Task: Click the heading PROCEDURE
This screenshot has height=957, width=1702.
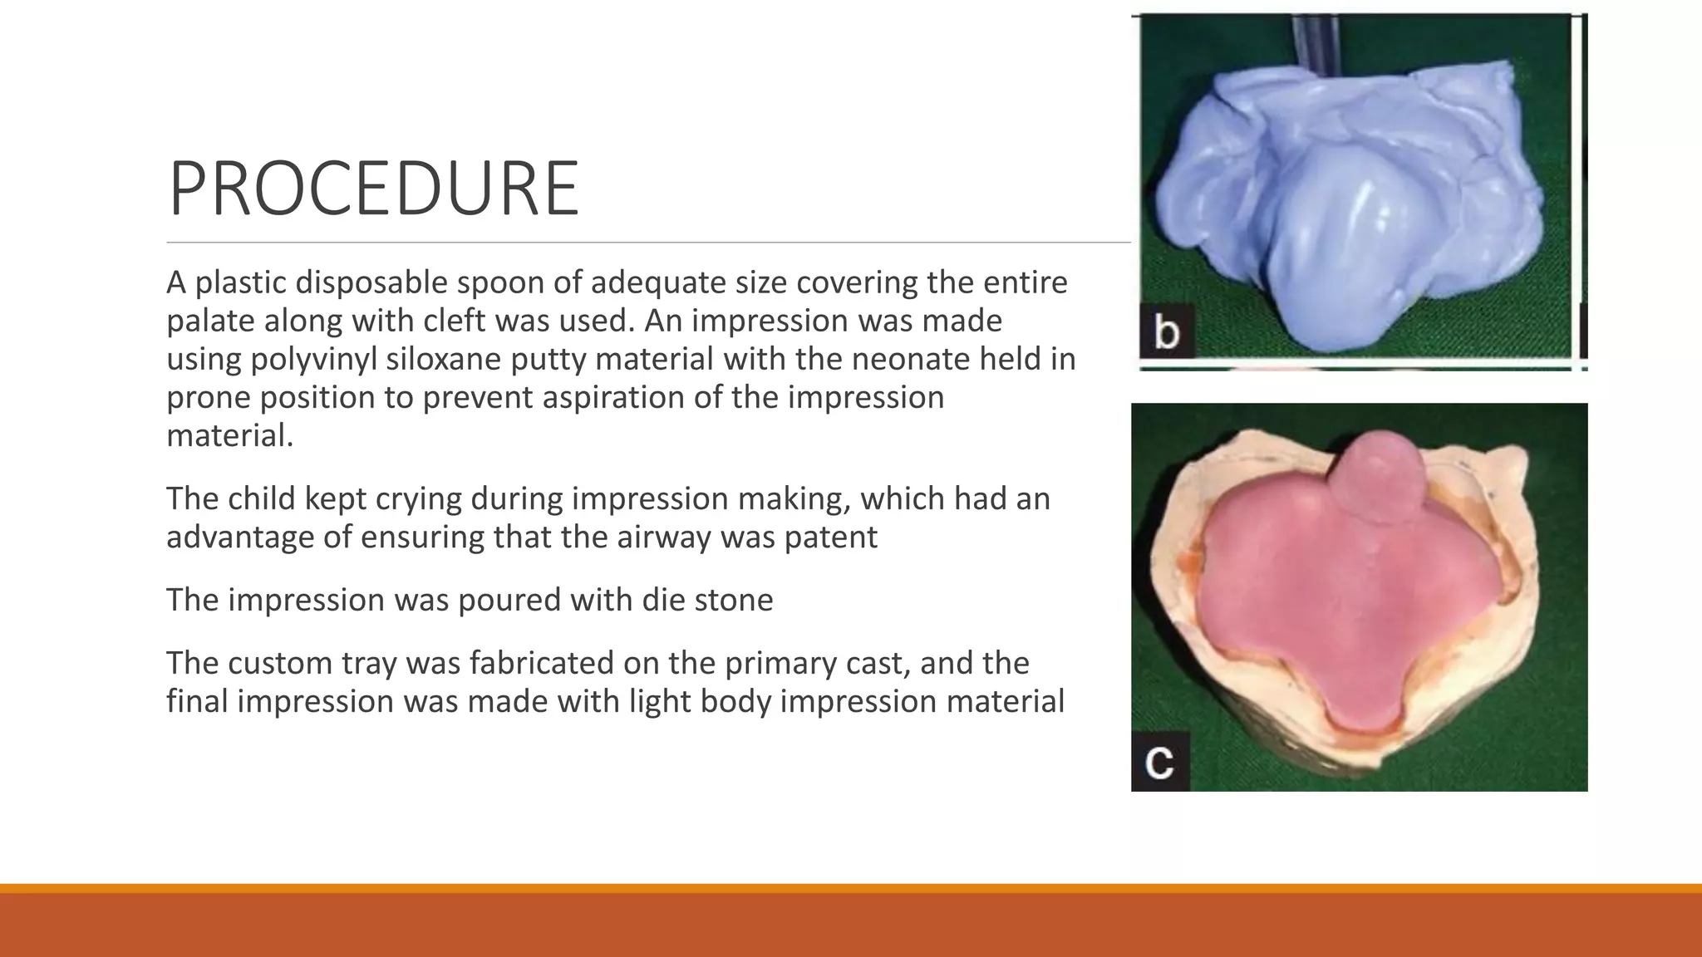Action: pos(373,189)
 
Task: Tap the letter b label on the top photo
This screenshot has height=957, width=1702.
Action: pos(1167,332)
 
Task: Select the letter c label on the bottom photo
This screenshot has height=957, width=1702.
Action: pos(1159,762)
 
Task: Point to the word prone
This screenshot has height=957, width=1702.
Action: pos(208,398)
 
